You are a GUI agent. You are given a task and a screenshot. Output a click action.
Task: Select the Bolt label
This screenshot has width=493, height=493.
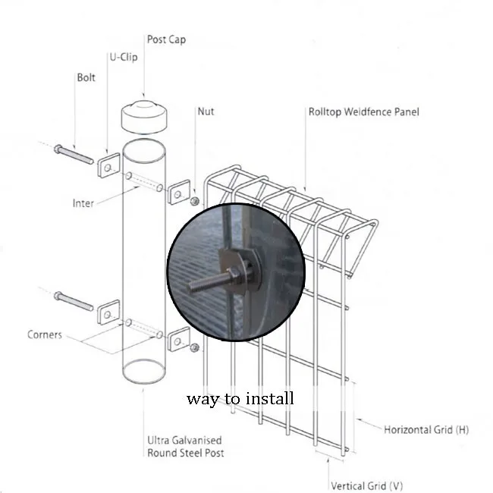[x=86, y=77]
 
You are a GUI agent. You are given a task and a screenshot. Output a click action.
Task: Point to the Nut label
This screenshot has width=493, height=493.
[x=206, y=111]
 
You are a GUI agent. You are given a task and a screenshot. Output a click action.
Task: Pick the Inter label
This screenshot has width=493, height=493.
[x=83, y=203]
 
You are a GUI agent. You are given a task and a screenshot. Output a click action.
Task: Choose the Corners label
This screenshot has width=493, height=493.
[x=45, y=334]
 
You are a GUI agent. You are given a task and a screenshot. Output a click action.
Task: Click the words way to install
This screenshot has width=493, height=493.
[x=240, y=398]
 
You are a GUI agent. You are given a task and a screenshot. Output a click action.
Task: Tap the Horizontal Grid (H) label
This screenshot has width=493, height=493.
[x=425, y=430]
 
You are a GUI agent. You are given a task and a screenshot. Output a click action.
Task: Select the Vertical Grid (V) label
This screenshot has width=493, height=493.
[x=366, y=486]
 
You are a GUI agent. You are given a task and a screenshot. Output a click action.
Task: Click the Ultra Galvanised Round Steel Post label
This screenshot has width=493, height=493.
[x=185, y=447]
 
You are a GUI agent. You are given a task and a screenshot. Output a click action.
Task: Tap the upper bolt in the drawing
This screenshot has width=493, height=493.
[x=73, y=153]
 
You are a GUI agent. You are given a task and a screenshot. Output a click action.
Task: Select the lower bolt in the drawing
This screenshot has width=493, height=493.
[x=73, y=301]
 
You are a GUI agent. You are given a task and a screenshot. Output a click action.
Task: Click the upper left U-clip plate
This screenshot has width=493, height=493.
[x=108, y=165]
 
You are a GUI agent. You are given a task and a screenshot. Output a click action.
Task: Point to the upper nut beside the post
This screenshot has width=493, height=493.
[x=195, y=201]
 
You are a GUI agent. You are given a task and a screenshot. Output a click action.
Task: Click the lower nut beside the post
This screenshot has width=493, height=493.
[x=195, y=347]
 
